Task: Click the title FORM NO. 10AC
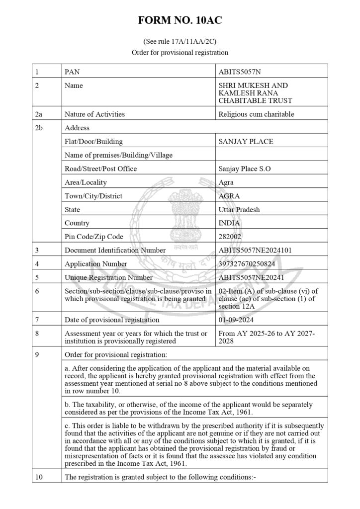click(x=180, y=20)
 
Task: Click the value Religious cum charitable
click(x=256, y=114)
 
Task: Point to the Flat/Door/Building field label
click(x=93, y=142)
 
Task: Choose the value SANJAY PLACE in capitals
click(x=246, y=142)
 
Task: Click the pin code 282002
click(x=231, y=237)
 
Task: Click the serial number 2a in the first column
click(x=39, y=114)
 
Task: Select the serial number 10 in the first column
click(x=40, y=478)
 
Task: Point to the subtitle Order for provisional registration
click(x=180, y=52)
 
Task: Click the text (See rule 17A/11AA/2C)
click(x=180, y=42)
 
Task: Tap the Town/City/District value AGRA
click(x=229, y=196)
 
